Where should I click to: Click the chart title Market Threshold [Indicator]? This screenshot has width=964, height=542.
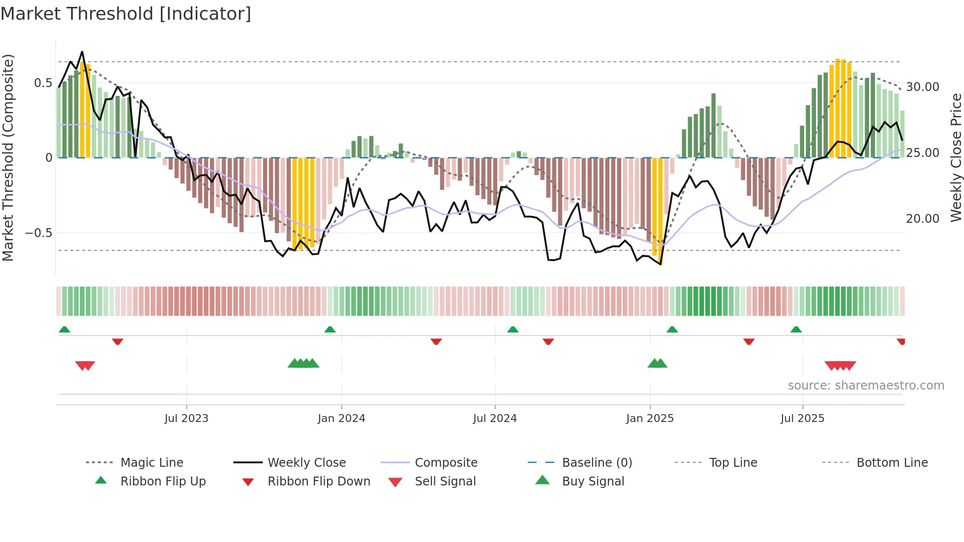(x=126, y=14)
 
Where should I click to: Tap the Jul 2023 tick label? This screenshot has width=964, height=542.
(x=186, y=419)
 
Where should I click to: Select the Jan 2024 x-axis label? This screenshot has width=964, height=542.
(x=341, y=419)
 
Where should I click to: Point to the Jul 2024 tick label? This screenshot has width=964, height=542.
(x=495, y=419)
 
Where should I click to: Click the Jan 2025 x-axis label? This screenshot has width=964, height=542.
(x=650, y=419)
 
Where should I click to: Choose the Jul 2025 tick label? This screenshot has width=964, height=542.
(x=802, y=419)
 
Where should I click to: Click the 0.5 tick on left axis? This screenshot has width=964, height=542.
(x=43, y=83)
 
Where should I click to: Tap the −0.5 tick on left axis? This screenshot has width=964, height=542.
(x=39, y=233)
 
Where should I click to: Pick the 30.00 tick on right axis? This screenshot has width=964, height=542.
(x=923, y=87)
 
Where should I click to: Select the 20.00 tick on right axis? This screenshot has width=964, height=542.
(x=923, y=219)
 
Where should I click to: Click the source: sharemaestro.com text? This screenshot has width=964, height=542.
(x=866, y=386)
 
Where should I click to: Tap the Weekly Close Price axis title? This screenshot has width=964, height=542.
(x=956, y=157)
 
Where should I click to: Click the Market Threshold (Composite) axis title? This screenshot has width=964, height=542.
(x=8, y=157)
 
